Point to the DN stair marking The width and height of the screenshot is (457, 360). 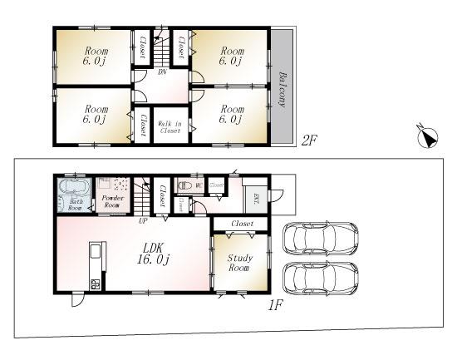pyautogui.click(x=162, y=72)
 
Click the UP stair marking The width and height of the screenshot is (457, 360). pyautogui.click(x=144, y=221)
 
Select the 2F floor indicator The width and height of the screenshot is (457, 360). pyautogui.click(x=310, y=141)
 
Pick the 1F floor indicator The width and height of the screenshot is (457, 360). pyautogui.click(x=276, y=304)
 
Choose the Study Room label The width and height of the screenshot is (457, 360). pyautogui.click(x=240, y=263)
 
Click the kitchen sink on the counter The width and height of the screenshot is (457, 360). pyautogui.click(x=94, y=253)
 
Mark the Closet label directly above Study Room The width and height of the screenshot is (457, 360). pyautogui.click(x=242, y=224)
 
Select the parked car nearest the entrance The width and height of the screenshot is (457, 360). pyautogui.click(x=321, y=239)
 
